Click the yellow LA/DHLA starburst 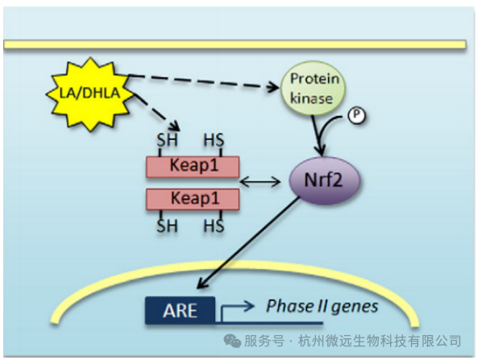(90, 93)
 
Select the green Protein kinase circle (313, 89)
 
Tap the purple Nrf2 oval (324, 180)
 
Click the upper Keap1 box (193, 167)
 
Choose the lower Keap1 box (193, 200)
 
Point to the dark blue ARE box (180, 310)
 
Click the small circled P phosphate (356, 115)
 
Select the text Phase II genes (322, 306)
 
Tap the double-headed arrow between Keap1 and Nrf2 (260, 182)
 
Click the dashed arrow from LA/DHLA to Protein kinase (203, 81)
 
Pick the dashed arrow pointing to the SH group (156, 112)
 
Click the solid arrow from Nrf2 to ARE (248, 242)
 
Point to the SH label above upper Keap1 (167, 140)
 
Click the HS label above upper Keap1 (214, 140)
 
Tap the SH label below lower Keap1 (167, 226)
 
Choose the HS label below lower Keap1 (214, 226)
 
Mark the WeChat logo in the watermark (232, 341)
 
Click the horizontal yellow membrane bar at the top (234, 44)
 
